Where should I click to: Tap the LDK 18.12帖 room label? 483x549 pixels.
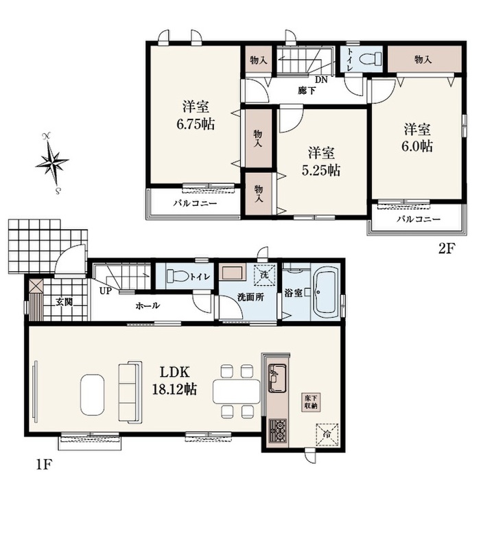click(x=174, y=380)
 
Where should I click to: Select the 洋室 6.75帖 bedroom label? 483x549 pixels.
click(x=196, y=115)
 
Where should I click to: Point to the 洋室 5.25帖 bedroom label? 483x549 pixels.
click(x=320, y=161)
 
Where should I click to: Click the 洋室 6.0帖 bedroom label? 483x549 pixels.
click(x=417, y=138)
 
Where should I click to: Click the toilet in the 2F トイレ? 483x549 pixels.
click(x=370, y=58)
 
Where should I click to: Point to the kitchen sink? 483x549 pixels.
click(x=277, y=378)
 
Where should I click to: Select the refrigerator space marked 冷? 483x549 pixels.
click(x=327, y=434)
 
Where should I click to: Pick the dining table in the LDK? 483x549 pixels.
click(x=237, y=391)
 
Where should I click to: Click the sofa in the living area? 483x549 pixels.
click(x=130, y=392)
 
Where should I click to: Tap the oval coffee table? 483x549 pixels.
click(x=92, y=395)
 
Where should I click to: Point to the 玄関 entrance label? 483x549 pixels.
click(x=64, y=302)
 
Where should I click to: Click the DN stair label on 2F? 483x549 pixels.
click(x=321, y=80)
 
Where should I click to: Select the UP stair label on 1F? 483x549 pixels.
click(x=106, y=290)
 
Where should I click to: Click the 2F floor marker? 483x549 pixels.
click(x=446, y=248)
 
